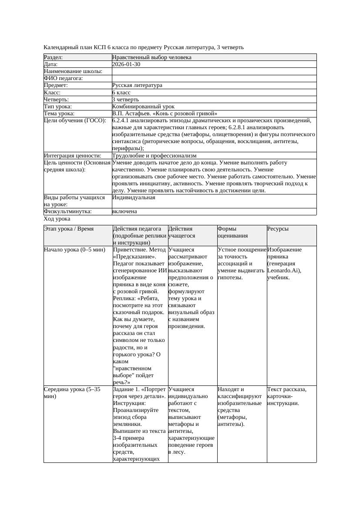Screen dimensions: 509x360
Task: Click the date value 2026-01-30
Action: (126, 64)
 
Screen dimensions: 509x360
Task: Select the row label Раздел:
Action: (54, 57)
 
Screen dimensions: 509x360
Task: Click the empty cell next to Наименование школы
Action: (214, 71)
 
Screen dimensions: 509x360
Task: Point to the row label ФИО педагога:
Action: (64, 78)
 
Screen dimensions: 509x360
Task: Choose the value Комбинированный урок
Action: (143, 106)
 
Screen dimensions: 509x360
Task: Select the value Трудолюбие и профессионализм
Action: (154, 155)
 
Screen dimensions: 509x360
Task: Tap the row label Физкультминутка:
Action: (68, 211)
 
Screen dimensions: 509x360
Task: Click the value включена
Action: (124, 211)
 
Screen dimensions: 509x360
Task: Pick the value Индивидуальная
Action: (134, 198)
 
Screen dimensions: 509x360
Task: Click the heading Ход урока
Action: (57, 219)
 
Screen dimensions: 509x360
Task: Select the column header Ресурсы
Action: (278, 229)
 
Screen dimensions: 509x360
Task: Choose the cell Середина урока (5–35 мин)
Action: (72, 393)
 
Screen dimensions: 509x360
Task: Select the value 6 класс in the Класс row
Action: (121, 92)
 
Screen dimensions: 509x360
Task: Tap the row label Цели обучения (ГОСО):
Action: (75, 121)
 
